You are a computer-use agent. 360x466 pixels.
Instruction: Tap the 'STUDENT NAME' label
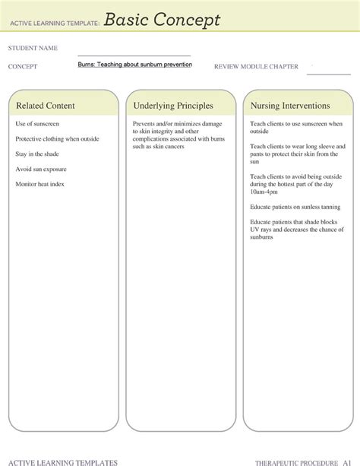click(x=33, y=49)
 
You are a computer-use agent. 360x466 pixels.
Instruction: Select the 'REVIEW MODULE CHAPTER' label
click(x=256, y=66)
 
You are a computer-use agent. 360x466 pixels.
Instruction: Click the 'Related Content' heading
click(x=46, y=106)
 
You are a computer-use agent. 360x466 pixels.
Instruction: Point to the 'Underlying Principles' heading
click(x=172, y=106)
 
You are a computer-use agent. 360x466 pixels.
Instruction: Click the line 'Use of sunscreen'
click(x=37, y=123)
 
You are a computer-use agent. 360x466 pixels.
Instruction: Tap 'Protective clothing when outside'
click(x=58, y=138)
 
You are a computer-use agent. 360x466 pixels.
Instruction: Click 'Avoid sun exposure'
click(x=41, y=169)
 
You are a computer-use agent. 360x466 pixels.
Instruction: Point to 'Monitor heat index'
click(x=41, y=184)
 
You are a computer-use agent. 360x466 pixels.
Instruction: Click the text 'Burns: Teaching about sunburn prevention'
click(x=134, y=65)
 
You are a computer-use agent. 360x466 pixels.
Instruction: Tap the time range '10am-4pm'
click(x=265, y=192)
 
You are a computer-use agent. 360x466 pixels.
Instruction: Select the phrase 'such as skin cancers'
click(x=159, y=146)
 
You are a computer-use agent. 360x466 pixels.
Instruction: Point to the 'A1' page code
click(x=346, y=461)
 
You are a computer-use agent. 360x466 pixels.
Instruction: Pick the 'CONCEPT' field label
click(x=23, y=66)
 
